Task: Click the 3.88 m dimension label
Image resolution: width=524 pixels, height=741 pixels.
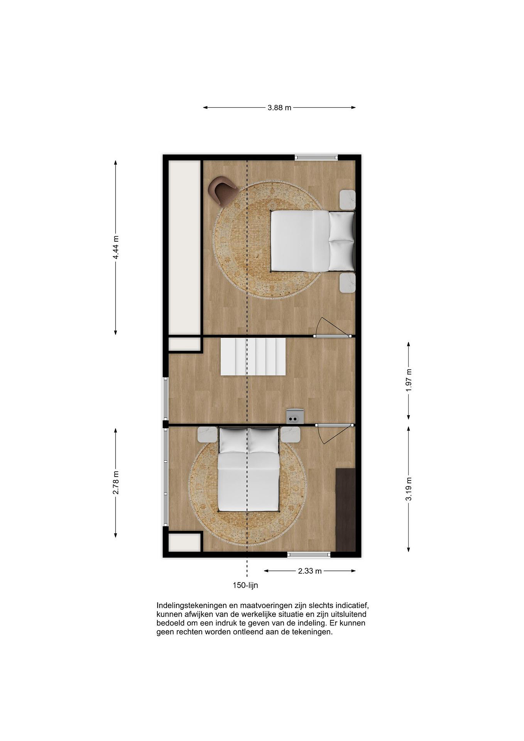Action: pos(279,108)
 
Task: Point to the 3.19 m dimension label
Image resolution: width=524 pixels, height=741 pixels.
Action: pos(409,489)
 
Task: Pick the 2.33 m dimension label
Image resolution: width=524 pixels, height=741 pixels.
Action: pos(310,571)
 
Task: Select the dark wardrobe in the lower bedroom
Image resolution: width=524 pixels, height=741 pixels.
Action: pos(345,510)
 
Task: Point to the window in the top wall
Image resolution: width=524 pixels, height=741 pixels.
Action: pos(316,157)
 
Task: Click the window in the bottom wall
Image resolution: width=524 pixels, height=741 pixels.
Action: pos(309,554)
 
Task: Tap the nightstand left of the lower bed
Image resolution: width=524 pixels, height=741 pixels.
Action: pos(207,434)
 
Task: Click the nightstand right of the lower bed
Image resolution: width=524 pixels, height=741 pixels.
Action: pos(290,434)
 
